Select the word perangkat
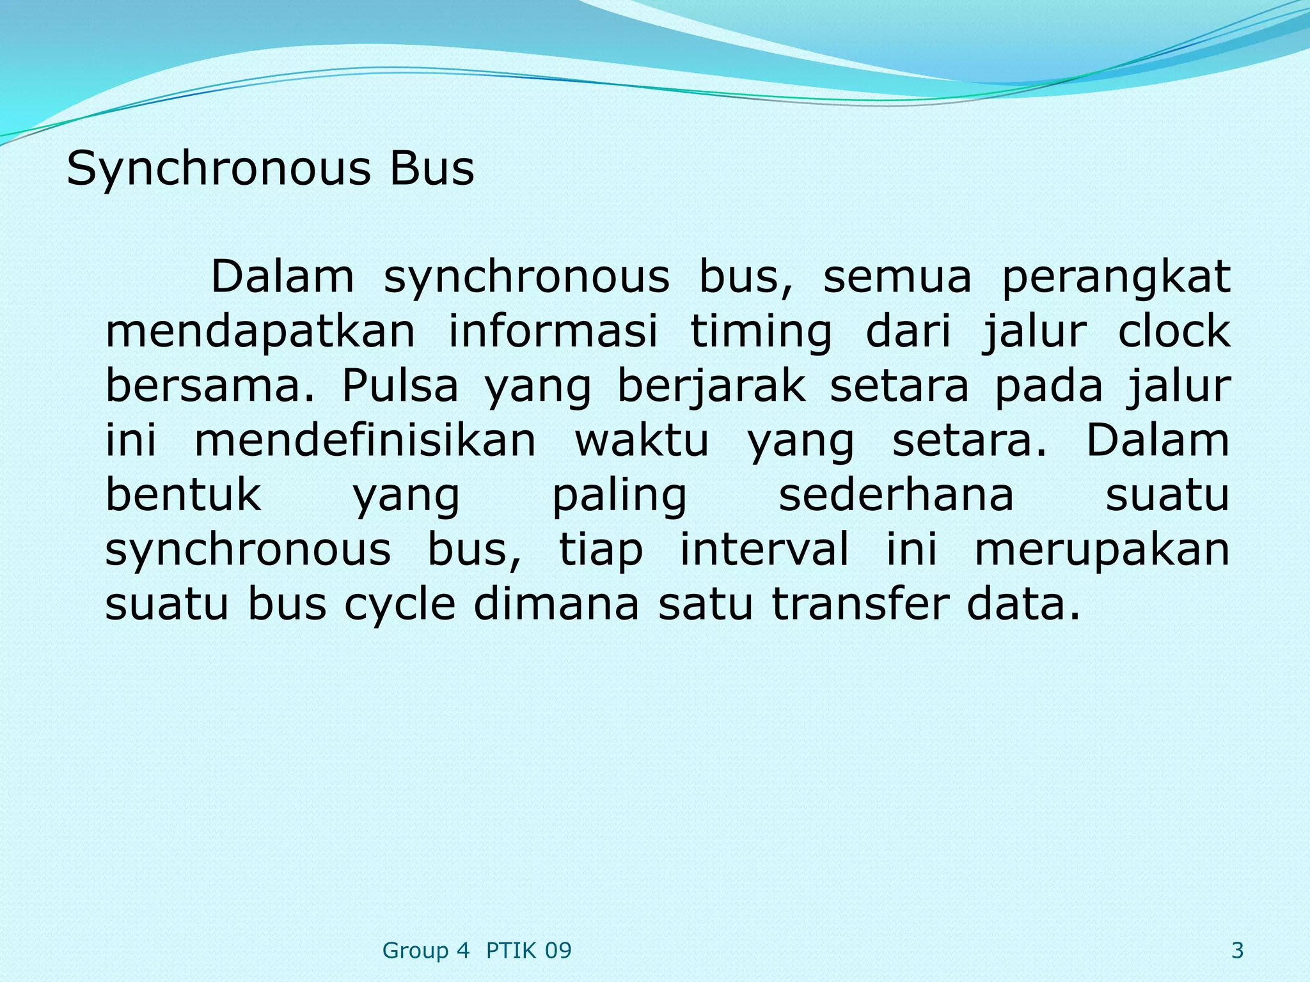pyautogui.click(x=1116, y=277)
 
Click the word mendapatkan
pyautogui.click(x=260, y=332)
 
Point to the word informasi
pyautogui.click(x=553, y=332)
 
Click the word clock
pyautogui.click(x=1174, y=332)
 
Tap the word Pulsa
pyautogui.click(x=400, y=386)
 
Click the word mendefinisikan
pyautogui.click(x=365, y=440)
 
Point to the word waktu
pyautogui.click(x=642, y=440)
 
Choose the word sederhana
pyautogui.click(x=896, y=495)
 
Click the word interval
pyautogui.click(x=764, y=549)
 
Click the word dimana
pyautogui.click(x=556, y=604)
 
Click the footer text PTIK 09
pyautogui.click(x=528, y=951)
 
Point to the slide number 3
pyautogui.click(x=1237, y=951)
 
